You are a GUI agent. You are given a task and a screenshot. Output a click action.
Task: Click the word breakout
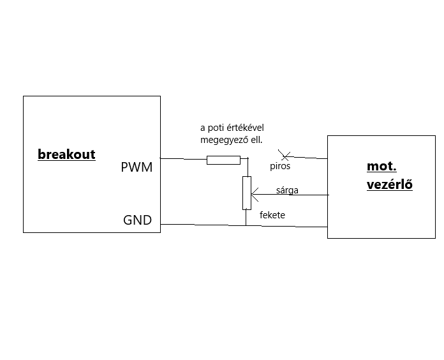coord(66,154)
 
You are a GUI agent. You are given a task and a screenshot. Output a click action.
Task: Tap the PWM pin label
coord(137,168)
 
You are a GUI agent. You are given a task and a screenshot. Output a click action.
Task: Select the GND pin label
coord(137,220)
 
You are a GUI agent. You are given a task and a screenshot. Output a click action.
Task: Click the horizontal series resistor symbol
coord(223,160)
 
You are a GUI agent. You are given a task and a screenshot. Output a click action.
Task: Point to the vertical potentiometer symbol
coord(246,193)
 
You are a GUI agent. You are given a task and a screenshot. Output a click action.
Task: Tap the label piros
coord(280,166)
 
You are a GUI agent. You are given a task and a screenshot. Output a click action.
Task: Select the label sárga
coord(287,190)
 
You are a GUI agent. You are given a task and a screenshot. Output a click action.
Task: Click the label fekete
coord(272,215)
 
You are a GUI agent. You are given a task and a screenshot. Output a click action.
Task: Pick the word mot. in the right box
coord(381,167)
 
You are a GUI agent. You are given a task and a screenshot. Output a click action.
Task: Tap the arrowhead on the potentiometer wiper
coord(254,195)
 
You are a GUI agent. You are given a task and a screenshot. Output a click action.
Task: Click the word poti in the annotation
coord(216,128)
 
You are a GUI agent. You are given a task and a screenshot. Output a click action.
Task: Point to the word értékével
coord(245,128)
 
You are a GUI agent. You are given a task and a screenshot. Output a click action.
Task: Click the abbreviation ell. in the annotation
coord(255,139)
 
